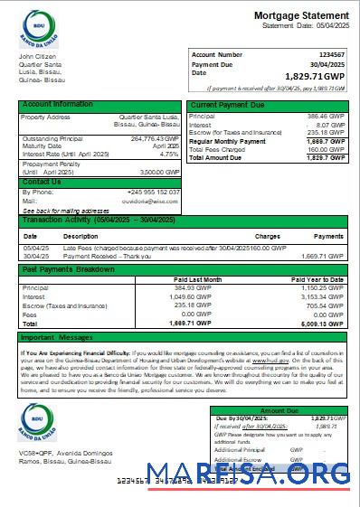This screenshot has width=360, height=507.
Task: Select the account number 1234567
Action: [327, 55]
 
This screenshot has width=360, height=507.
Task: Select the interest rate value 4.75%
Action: [169, 154]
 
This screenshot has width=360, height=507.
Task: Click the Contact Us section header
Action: [42, 182]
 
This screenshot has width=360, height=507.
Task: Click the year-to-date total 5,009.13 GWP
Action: [321, 323]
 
